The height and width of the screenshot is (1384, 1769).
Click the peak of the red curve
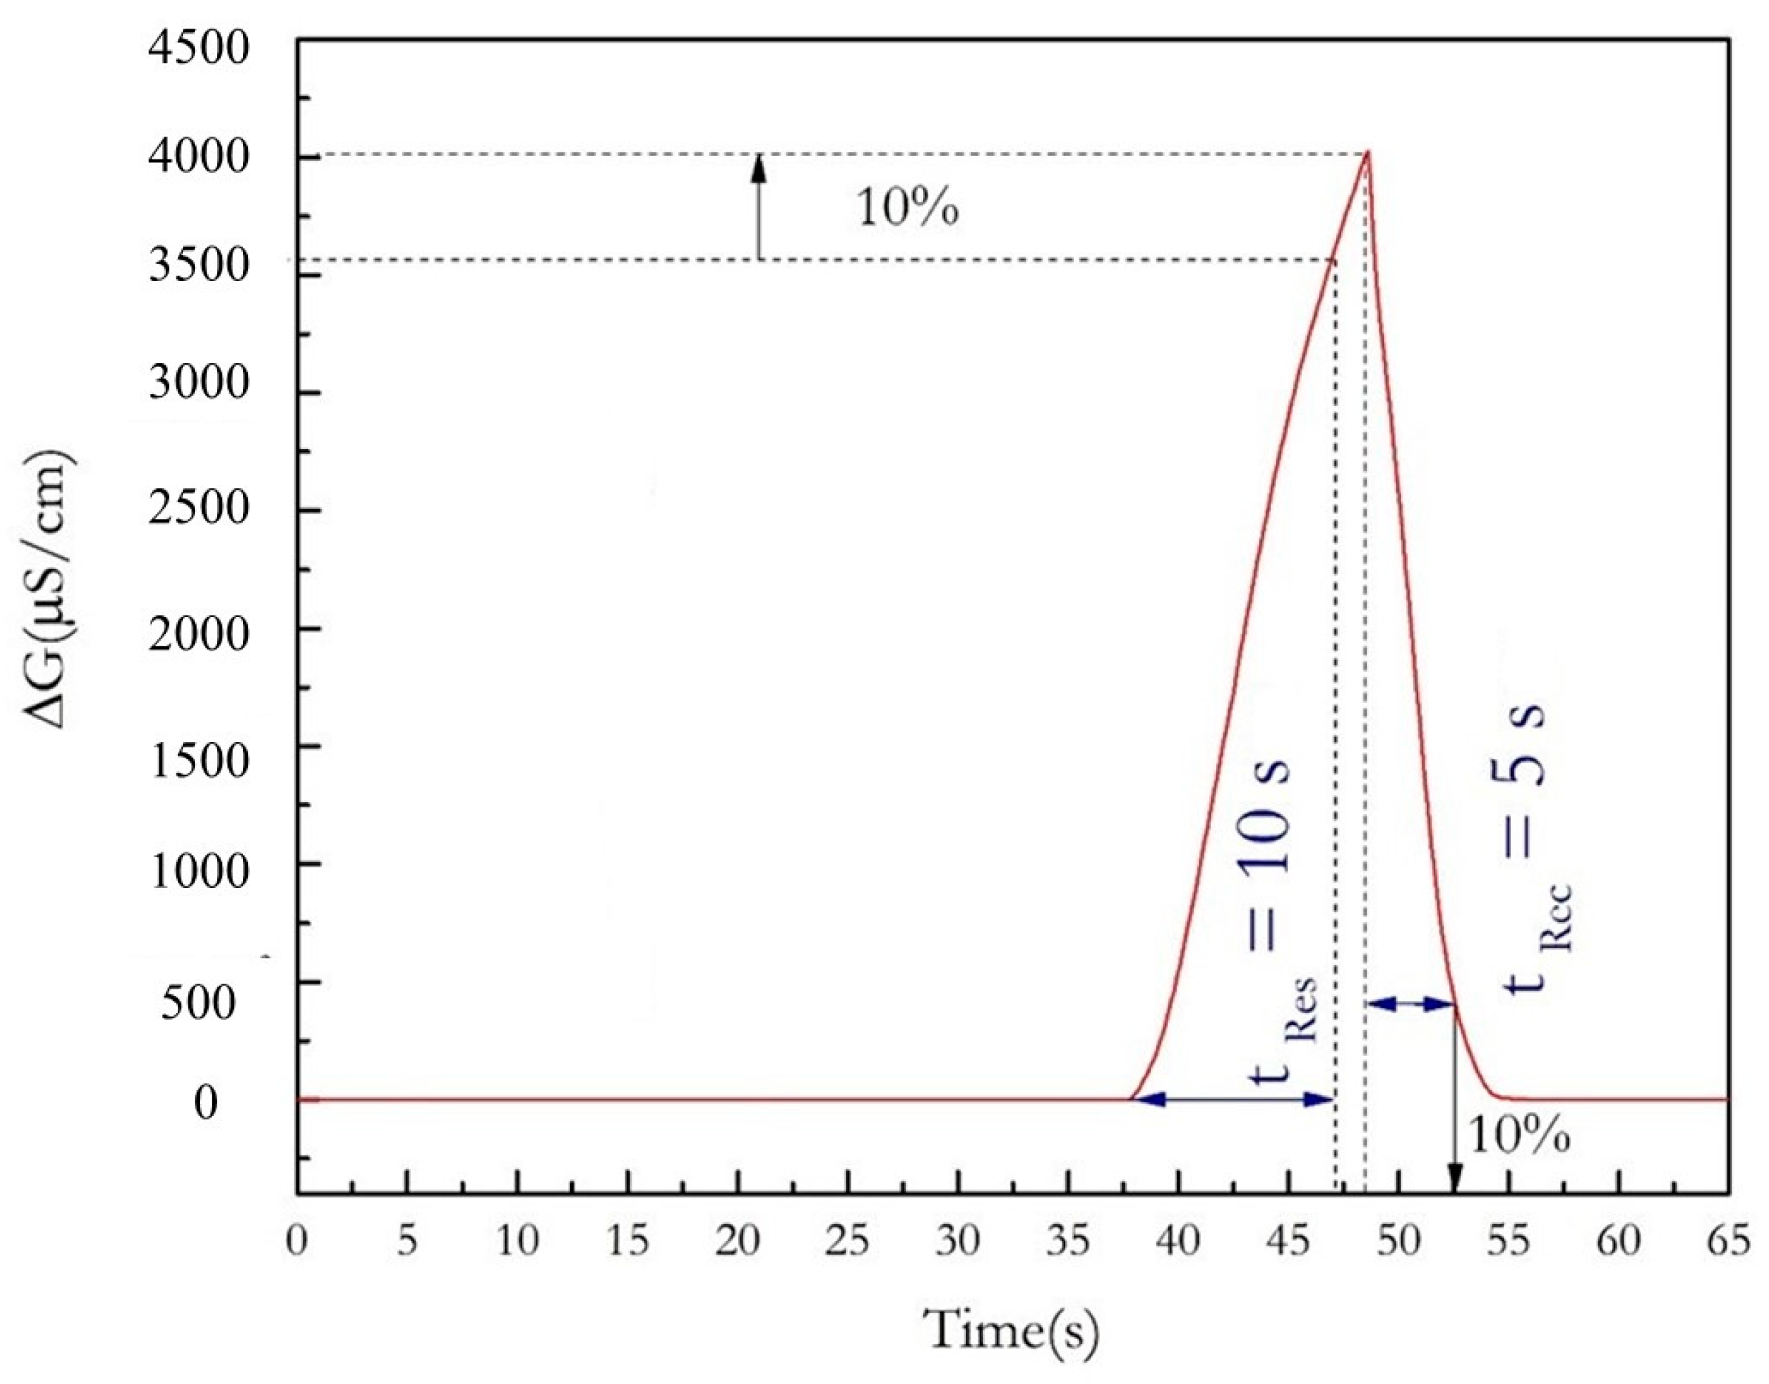[x=1367, y=152]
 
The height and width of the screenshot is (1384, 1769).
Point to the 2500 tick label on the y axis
[x=199, y=509]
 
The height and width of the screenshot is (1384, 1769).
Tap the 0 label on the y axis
[x=206, y=1102]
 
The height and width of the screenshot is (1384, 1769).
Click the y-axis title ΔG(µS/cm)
[x=53, y=590]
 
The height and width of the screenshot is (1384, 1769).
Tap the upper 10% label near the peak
[x=907, y=209]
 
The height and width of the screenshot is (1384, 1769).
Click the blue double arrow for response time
[x=1232, y=1099]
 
